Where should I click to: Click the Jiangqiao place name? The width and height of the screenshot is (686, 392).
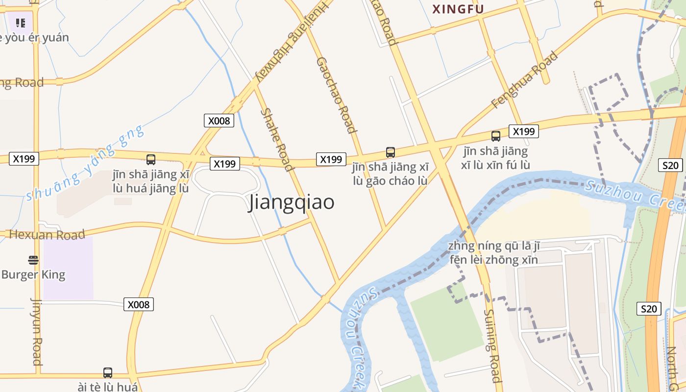point(292,202)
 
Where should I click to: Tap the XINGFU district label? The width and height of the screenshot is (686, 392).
point(458,9)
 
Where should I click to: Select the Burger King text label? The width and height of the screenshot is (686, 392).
point(33,274)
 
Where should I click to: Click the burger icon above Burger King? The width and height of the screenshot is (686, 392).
point(33,259)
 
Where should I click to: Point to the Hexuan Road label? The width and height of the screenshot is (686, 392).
point(47,234)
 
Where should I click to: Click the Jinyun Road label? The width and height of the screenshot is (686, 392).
point(37,331)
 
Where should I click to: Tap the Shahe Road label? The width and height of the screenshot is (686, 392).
point(277,140)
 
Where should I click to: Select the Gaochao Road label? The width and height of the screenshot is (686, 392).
point(336,95)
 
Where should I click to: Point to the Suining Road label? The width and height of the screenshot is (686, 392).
point(493,345)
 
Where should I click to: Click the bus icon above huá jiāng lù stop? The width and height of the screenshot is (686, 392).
point(151,159)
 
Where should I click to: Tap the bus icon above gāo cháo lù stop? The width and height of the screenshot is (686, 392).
point(391,152)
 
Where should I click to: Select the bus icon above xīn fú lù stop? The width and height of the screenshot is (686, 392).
point(496,136)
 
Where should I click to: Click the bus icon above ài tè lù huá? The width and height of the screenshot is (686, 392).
point(108,373)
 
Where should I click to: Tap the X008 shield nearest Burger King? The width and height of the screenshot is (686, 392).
point(139,304)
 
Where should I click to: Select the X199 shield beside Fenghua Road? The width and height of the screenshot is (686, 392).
point(524,131)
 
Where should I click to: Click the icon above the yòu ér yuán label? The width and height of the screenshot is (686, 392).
point(20,23)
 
